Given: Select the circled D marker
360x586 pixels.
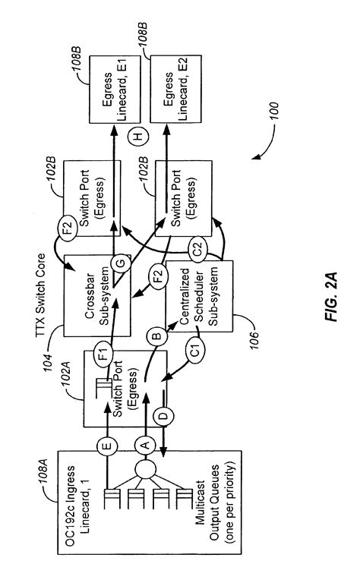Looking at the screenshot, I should pos(163,416).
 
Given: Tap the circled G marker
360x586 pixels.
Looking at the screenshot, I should pos(120,263).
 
